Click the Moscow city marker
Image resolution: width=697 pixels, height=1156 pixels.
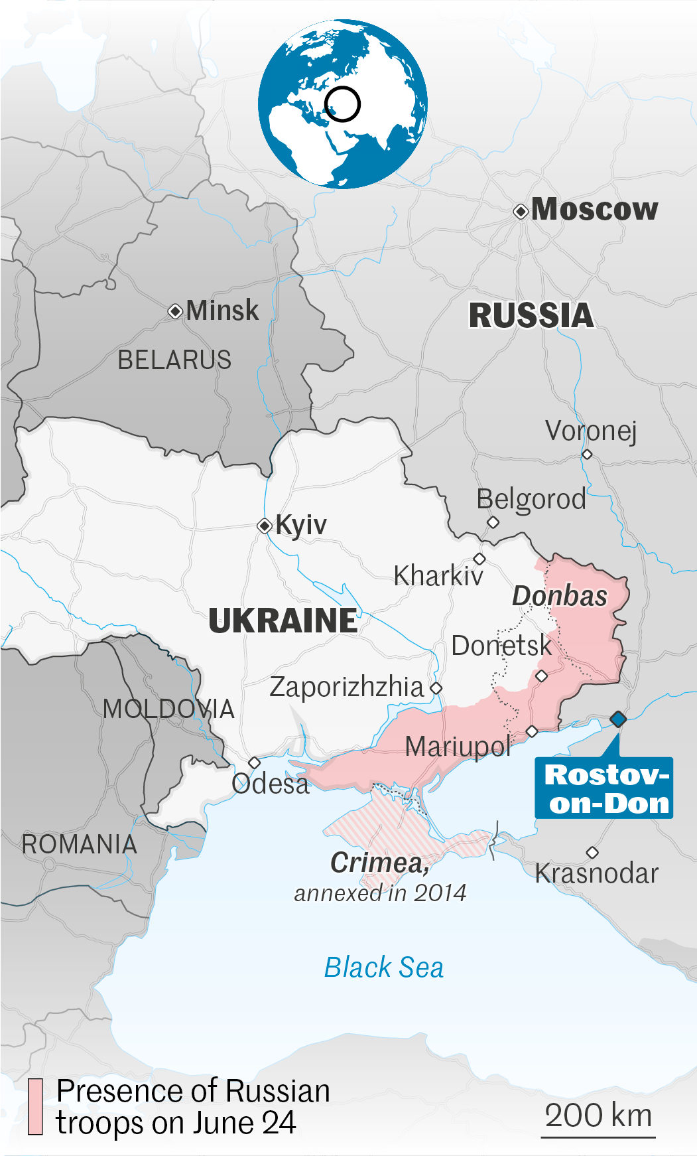pos(521,212)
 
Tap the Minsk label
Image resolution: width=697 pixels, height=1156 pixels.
pos(222,311)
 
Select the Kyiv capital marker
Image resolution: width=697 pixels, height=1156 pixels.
pos(265,526)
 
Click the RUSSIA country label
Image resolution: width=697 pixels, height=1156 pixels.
pos(531,315)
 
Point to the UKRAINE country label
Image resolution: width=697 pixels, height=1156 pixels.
pos(283,620)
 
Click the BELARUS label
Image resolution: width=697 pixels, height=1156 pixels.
pos(174,360)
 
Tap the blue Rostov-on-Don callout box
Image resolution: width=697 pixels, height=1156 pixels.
pos(603,788)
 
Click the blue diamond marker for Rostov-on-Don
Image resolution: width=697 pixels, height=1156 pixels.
pos(618,719)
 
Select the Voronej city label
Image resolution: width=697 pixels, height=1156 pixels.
pos(591,431)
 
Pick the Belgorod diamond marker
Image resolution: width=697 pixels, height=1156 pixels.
pos(493,522)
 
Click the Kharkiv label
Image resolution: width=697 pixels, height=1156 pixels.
pos(438,576)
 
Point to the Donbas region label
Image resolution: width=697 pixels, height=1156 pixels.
pos(560,596)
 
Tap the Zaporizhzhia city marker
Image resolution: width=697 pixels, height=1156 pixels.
pos(436,688)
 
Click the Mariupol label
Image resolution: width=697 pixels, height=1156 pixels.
pos(458,747)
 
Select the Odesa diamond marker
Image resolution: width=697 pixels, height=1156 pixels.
pos(254,763)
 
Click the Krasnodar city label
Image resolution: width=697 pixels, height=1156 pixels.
pos(597,873)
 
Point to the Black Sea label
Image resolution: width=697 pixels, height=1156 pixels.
pos(384,968)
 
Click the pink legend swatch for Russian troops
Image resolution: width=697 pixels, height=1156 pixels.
pos(35,1106)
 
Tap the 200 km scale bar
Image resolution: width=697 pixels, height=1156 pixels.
pos(598,1137)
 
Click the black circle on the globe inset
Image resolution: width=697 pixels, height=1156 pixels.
pos(343,104)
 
